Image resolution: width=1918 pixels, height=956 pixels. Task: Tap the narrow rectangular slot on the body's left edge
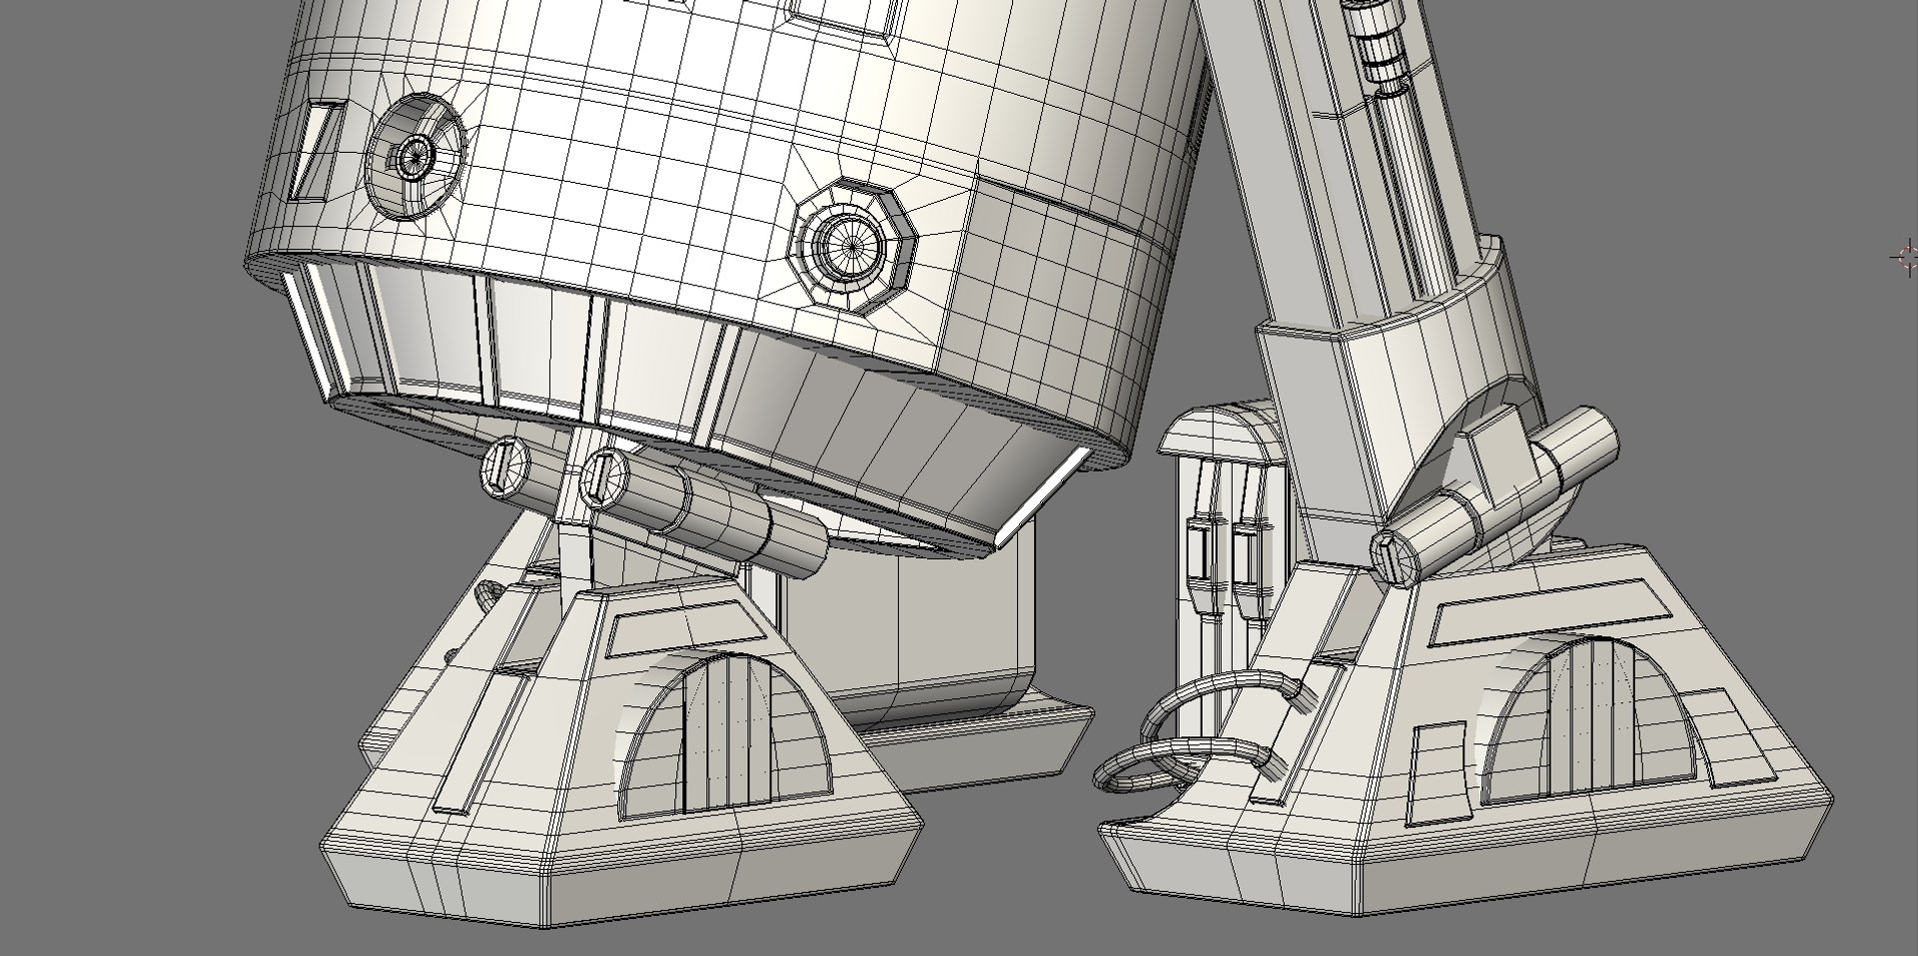click(x=318, y=150)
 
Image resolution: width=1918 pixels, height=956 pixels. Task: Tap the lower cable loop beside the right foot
click(x=1149, y=766)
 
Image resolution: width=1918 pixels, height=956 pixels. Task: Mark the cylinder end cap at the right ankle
click(x=1395, y=557)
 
